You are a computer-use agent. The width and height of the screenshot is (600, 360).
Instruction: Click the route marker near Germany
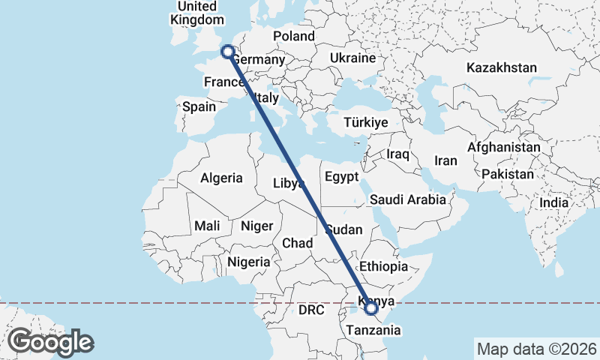tap(227, 52)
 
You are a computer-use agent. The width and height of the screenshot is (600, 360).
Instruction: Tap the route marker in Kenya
tap(371, 307)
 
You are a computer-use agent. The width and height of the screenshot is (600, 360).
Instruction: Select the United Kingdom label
tap(198, 13)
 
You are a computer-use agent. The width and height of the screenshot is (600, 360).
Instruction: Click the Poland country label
tap(293, 36)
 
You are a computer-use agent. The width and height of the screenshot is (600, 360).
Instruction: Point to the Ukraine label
tap(352, 58)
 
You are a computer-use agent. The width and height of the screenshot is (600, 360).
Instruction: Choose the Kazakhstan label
tap(501, 67)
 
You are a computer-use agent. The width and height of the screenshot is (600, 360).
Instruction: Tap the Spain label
tap(199, 106)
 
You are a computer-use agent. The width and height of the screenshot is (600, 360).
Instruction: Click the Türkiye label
tap(364, 122)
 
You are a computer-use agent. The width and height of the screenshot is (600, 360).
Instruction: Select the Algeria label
tap(221, 178)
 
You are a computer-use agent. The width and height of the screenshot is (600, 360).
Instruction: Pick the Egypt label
tap(343, 177)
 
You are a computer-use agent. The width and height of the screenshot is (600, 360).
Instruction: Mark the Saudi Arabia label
tap(407, 199)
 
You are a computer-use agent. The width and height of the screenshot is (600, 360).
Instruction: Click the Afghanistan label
tap(503, 148)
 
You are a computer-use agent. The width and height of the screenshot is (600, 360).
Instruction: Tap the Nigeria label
tap(248, 262)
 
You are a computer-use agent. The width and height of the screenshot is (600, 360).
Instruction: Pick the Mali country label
tap(207, 225)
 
